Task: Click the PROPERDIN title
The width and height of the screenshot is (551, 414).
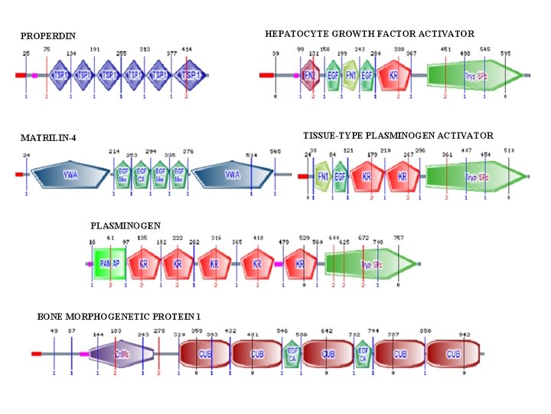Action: (x=47, y=36)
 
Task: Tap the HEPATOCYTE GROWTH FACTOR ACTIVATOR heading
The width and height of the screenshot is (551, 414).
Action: (x=370, y=34)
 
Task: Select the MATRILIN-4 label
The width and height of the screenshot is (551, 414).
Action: (x=48, y=138)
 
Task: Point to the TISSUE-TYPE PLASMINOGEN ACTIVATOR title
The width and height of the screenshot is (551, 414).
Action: (x=398, y=136)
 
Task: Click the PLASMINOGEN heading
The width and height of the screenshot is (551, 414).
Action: (x=126, y=226)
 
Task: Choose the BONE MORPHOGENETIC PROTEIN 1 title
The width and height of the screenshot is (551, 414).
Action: (x=119, y=317)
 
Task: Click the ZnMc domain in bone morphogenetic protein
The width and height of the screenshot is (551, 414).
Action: (x=121, y=354)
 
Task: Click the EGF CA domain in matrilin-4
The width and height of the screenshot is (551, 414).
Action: (x=142, y=176)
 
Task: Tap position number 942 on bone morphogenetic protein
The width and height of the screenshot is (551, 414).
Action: (x=465, y=335)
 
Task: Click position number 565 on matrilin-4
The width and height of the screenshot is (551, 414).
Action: (x=275, y=153)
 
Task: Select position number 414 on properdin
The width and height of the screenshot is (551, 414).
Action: (x=187, y=50)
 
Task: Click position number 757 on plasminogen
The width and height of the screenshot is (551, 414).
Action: (x=399, y=238)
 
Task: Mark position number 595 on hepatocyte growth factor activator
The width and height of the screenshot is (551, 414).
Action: (x=505, y=53)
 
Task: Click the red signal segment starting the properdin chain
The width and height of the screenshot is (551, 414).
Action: (x=21, y=75)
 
